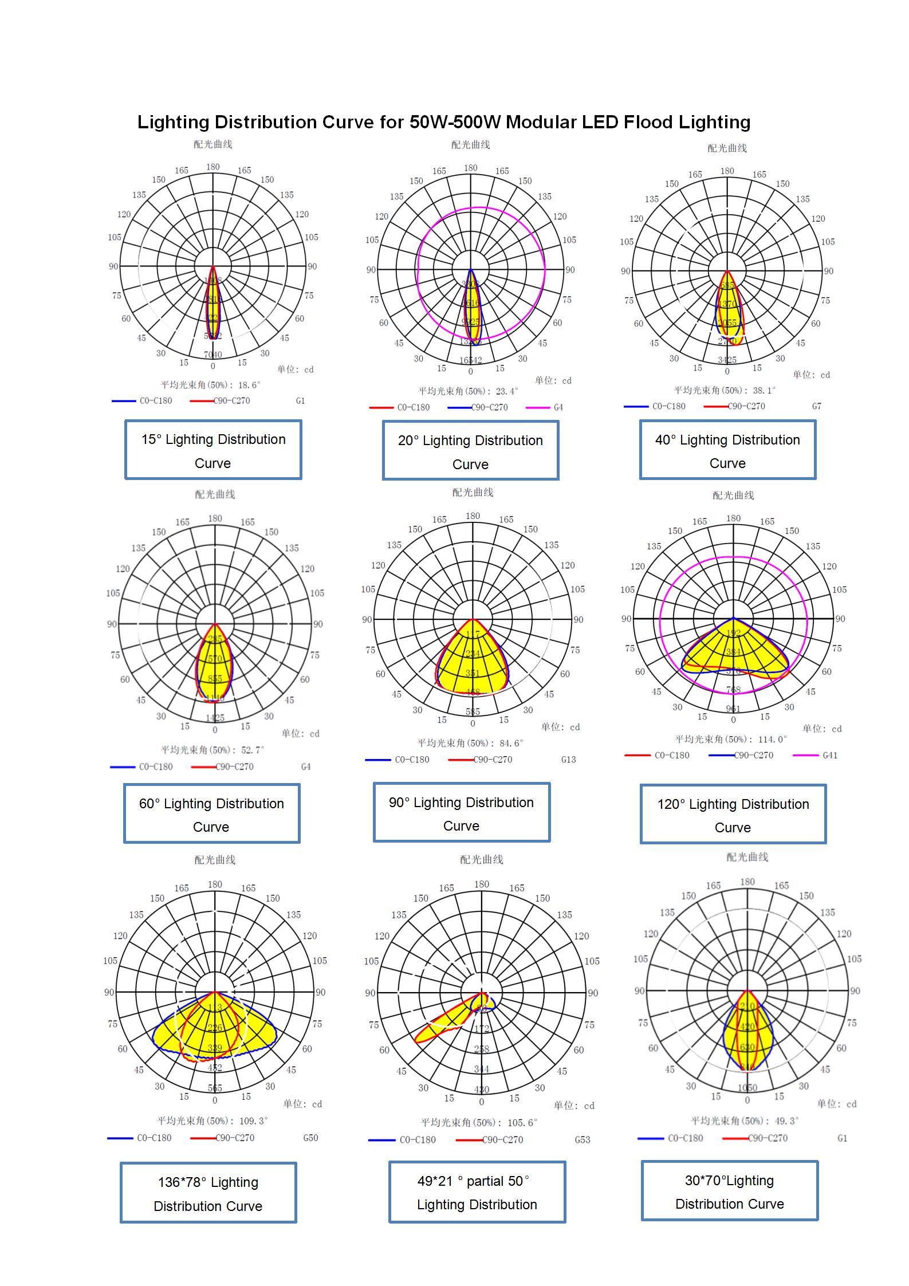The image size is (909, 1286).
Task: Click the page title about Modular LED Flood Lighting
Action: coord(443,122)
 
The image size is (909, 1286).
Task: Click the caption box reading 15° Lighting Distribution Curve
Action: coord(213,450)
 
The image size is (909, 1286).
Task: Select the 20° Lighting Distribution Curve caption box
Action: coord(470,451)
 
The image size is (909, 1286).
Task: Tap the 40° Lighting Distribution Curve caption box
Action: coord(727,451)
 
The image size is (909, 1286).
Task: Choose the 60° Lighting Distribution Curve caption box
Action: coord(211,814)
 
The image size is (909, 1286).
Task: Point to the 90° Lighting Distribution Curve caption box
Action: coord(461,813)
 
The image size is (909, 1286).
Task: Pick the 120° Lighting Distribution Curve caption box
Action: coord(733,815)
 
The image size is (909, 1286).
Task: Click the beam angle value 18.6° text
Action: coord(210,385)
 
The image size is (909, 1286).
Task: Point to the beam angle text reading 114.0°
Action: coord(731,740)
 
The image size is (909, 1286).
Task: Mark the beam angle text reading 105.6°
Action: coord(479,1122)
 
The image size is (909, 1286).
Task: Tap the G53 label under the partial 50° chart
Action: coord(582,1140)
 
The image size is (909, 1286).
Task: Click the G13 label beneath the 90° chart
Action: coord(568,760)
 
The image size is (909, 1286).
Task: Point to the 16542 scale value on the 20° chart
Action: coord(471,360)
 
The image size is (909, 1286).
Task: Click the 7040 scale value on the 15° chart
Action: coord(213,355)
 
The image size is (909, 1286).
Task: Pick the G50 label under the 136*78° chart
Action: coord(310,1138)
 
